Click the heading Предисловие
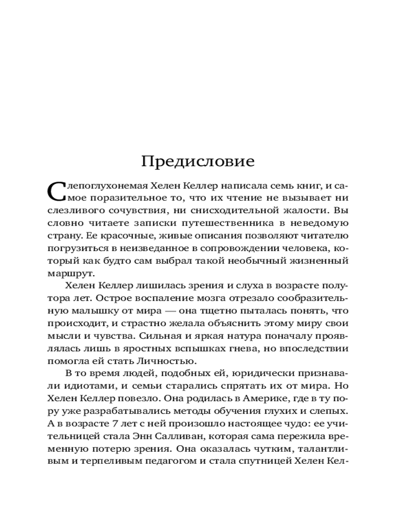pyautogui.click(x=198, y=162)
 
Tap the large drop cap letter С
pyautogui.click(x=57, y=192)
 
